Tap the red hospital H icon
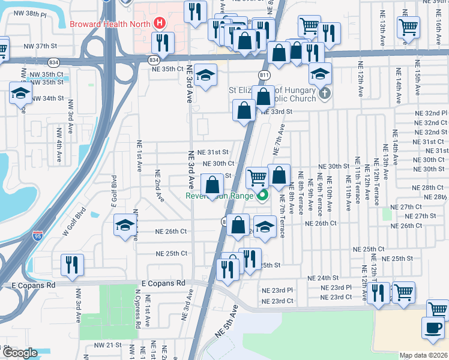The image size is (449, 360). tap(160, 24)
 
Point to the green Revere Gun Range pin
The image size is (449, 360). tap(262, 196)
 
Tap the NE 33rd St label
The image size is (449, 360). tap(276, 112)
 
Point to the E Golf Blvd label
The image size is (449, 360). tap(113, 191)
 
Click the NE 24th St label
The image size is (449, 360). tap(324, 278)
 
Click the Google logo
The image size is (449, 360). tap(20, 353)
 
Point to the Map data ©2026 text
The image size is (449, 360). tap(424, 355)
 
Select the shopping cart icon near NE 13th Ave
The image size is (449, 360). tap(408, 27)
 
